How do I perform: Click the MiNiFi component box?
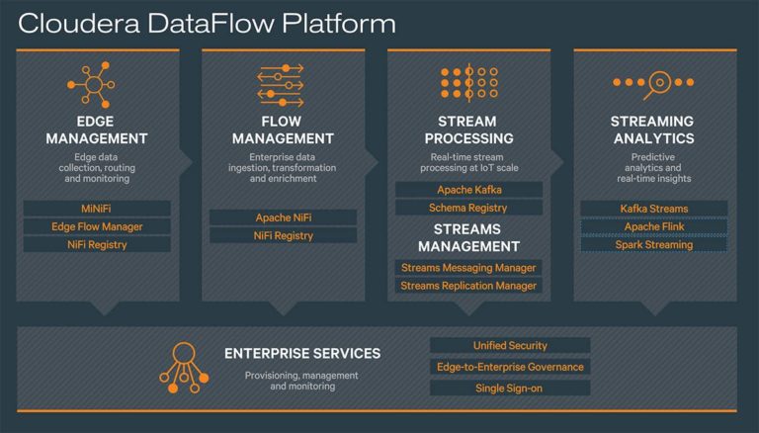coord(97,209)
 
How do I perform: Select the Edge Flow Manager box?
coord(97,226)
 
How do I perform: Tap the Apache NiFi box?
coord(283,217)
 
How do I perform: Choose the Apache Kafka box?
coord(468,190)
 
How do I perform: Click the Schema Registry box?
coord(468,208)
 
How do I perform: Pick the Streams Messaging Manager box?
coord(468,268)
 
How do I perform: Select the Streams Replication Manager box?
coord(468,286)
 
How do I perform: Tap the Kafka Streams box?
coord(654,209)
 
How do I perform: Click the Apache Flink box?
coord(654,226)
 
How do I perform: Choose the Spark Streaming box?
coord(654,244)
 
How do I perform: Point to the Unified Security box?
coord(510,345)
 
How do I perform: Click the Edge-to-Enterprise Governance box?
coord(510,367)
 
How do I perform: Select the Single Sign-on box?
coord(510,389)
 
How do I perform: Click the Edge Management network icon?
coord(96,85)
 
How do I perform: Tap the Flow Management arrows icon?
coord(283,85)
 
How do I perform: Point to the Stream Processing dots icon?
coord(468,85)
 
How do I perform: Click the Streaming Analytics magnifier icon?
coord(653,85)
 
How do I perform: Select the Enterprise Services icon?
coord(183,365)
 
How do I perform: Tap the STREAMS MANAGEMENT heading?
coord(468,237)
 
